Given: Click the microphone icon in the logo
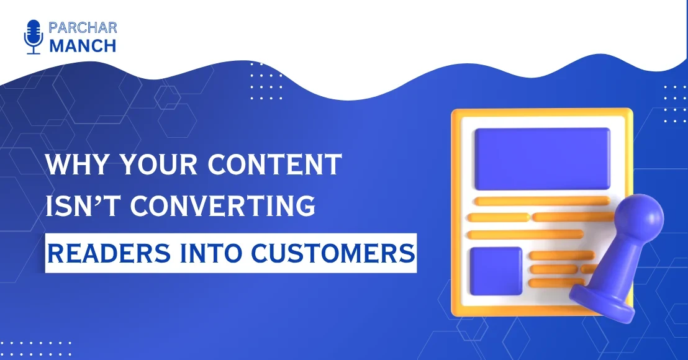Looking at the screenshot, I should [x=33, y=37].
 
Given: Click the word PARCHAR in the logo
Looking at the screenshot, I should [x=82, y=28].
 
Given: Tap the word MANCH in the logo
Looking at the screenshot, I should [x=82, y=46].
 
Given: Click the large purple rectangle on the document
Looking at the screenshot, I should [x=541, y=158].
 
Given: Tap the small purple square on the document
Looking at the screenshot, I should [x=496, y=271].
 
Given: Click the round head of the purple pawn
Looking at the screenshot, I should [x=640, y=218].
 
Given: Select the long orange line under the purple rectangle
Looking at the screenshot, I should [x=541, y=200].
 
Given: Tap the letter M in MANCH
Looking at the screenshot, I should [x=58, y=46].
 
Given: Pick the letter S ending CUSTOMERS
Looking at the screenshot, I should [x=405, y=253].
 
